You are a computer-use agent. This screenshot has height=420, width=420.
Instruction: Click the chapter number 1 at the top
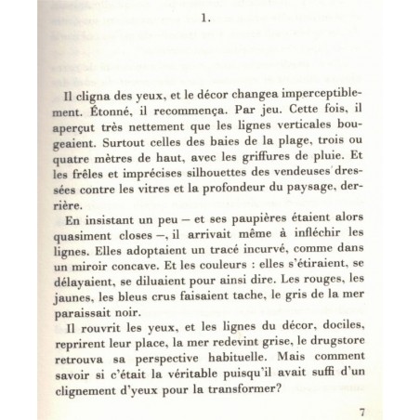coord(210,16)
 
